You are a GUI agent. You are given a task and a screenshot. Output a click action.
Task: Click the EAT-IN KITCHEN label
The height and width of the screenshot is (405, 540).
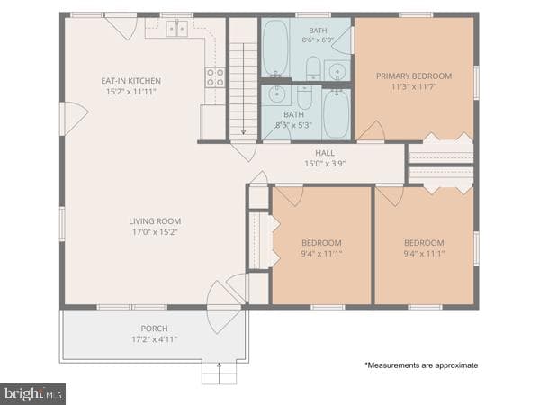pyautogui.click(x=130, y=81)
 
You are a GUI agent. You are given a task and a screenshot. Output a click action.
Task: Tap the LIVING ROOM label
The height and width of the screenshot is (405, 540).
pyautogui.click(x=155, y=221)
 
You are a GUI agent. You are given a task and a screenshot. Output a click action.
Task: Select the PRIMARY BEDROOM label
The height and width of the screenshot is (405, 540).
pyautogui.click(x=414, y=76)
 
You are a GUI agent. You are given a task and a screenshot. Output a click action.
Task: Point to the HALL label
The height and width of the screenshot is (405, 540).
pyautogui.click(x=325, y=153)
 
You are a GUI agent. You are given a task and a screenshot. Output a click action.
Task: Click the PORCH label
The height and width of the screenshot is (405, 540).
pyautogui.click(x=154, y=328)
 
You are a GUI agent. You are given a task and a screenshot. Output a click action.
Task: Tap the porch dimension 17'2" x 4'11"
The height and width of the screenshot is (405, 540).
pyautogui.click(x=154, y=339)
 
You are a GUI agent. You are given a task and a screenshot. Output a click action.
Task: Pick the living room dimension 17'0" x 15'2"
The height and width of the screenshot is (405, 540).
pyautogui.click(x=155, y=232)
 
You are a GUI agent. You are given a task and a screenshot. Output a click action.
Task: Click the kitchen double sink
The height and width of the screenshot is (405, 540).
pyautogui.click(x=177, y=29)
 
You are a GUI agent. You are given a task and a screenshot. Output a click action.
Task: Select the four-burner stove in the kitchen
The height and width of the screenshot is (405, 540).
pyautogui.click(x=216, y=77)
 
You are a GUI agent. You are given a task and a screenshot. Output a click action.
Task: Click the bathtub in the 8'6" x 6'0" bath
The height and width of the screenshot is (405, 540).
pyautogui.click(x=275, y=48)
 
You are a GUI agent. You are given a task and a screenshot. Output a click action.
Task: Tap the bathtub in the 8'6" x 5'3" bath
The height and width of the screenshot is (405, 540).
pyautogui.click(x=336, y=113)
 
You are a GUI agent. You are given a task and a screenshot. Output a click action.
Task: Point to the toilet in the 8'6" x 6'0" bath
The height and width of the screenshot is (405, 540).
pyautogui.click(x=313, y=68)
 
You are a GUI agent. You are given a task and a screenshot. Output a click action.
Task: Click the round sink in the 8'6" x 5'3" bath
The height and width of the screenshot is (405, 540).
pyautogui.click(x=276, y=94)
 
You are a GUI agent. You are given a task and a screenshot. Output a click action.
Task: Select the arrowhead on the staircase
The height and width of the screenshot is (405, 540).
pyautogui.click(x=244, y=131)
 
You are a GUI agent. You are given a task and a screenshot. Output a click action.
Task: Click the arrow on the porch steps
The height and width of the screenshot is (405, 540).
pyautogui.click(x=219, y=373)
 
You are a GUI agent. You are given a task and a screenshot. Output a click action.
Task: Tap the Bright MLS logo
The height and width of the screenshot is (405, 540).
pyautogui.click(x=32, y=394)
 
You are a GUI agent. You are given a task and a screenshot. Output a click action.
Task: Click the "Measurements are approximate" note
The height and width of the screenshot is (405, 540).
pyautogui.click(x=421, y=365)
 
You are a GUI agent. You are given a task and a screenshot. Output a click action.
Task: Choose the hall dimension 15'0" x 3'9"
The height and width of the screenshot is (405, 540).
pyautogui.click(x=325, y=164)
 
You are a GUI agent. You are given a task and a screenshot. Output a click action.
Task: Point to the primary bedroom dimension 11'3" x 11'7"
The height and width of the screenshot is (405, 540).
pyautogui.click(x=414, y=86)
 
